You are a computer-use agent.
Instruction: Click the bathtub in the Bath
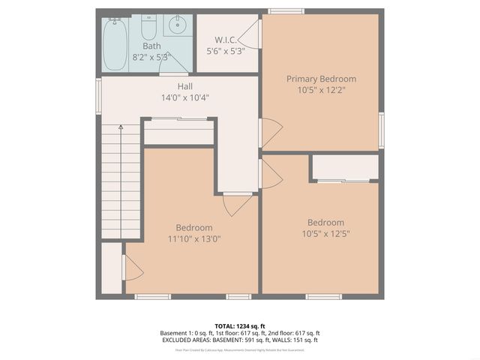[115, 43]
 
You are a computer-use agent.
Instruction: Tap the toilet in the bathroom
[148, 30]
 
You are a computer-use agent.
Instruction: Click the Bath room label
[151, 46]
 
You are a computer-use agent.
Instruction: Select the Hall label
[184, 86]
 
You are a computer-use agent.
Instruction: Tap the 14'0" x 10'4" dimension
[184, 97]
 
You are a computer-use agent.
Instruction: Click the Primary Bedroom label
[321, 79]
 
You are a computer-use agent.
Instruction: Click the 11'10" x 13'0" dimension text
[193, 238]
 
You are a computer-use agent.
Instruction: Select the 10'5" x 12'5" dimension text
[325, 233]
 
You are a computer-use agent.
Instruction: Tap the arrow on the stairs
[120, 131]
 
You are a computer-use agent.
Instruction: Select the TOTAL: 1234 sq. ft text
[240, 326]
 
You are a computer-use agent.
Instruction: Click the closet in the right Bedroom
[345, 167]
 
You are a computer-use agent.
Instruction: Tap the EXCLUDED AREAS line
[240, 340]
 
